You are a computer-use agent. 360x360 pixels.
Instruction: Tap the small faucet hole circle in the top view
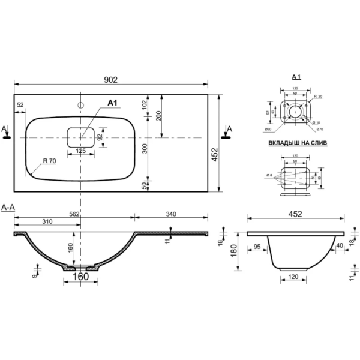click(x=80, y=105)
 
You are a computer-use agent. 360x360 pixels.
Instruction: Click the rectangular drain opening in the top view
click(x=80, y=137)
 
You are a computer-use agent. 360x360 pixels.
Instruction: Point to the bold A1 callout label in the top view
click(x=111, y=103)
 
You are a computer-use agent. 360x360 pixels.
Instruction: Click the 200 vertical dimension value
click(x=158, y=116)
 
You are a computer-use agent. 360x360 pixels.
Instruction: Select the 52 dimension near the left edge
click(x=21, y=105)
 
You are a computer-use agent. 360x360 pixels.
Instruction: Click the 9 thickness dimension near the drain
click(x=34, y=275)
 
